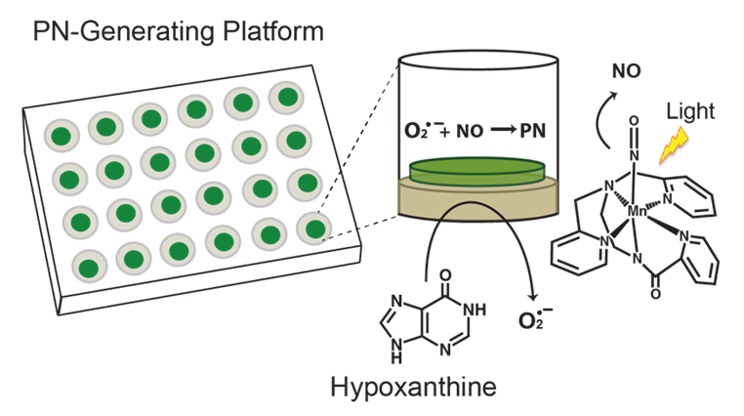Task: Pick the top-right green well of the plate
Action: coord(287,97)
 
